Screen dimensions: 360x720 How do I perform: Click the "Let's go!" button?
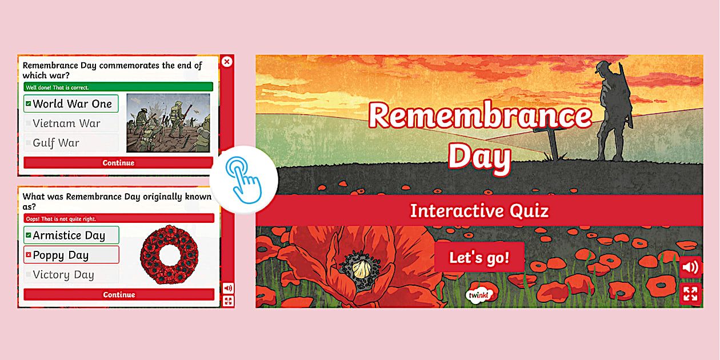479,258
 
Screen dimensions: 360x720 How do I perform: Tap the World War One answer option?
71,104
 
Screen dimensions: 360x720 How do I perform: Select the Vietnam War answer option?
71,123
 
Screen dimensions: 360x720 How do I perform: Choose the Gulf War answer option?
71,143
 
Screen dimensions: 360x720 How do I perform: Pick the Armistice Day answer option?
71,235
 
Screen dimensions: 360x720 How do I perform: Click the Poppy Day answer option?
71,255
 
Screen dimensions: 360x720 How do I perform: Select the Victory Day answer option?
71,275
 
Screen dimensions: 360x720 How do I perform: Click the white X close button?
227,62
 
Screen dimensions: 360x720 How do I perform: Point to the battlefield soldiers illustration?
168,123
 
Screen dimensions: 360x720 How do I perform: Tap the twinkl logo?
479,294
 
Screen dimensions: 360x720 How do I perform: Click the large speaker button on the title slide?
690,267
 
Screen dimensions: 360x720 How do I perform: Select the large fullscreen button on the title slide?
690,294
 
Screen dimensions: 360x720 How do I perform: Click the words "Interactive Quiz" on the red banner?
479,211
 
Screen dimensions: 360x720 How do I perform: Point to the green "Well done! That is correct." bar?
118,87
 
